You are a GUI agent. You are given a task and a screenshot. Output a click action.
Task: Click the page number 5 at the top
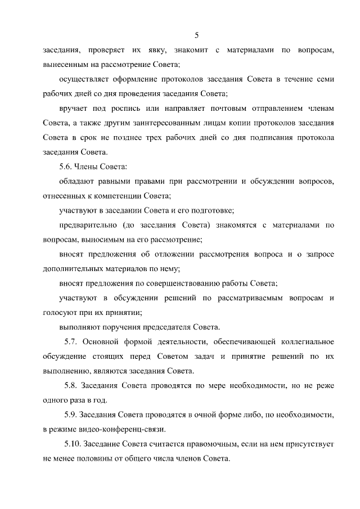tap(196, 35)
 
